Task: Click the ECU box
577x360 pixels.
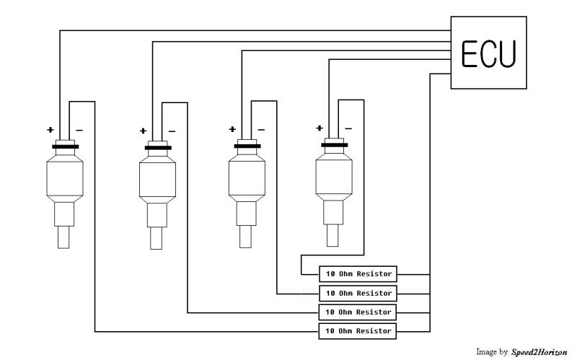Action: pos(488,53)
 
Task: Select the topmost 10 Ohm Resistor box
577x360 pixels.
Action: pos(358,274)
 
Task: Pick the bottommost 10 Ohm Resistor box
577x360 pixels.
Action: pos(358,331)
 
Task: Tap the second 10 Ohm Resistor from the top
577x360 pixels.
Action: pos(358,294)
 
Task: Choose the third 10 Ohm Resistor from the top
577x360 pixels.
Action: pos(358,312)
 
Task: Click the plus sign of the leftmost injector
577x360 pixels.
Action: pos(50,131)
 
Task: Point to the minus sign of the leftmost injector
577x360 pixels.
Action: pos(79,131)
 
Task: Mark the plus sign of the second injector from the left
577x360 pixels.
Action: pos(143,131)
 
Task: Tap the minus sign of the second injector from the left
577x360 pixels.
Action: pos(171,131)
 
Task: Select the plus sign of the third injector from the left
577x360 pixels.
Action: pos(232,130)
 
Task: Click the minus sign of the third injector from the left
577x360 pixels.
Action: pos(260,130)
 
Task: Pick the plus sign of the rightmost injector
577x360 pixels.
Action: pos(320,128)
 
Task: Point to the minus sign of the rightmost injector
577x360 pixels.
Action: pos(348,128)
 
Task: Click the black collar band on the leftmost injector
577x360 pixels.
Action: pos(65,147)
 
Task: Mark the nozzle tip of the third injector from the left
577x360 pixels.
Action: pos(246,236)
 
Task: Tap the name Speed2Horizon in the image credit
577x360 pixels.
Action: pos(537,352)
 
